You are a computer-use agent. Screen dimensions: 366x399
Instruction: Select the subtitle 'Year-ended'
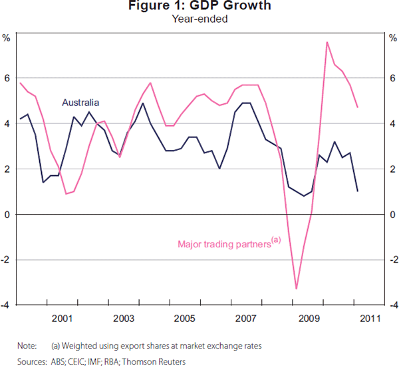pos(199,19)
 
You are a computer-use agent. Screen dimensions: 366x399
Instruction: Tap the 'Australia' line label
pos(80,103)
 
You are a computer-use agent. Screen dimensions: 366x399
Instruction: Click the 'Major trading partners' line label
pos(225,243)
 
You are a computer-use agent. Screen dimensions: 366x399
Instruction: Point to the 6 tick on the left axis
pos(7,79)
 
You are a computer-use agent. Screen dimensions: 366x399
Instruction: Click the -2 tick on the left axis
pos(6,260)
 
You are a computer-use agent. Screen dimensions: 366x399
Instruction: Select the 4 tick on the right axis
pos(392,124)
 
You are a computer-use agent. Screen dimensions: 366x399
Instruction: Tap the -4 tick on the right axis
pos(390,305)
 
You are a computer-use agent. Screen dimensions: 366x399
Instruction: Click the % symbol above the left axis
pos(7,37)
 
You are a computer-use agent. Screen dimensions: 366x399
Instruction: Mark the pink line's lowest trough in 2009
pos(296,289)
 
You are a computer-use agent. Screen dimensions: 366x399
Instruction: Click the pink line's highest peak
pos(327,42)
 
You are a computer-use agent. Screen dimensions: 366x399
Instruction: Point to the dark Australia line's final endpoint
pos(358,191)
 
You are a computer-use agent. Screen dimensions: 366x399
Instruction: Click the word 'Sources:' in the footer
pos(31,360)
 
